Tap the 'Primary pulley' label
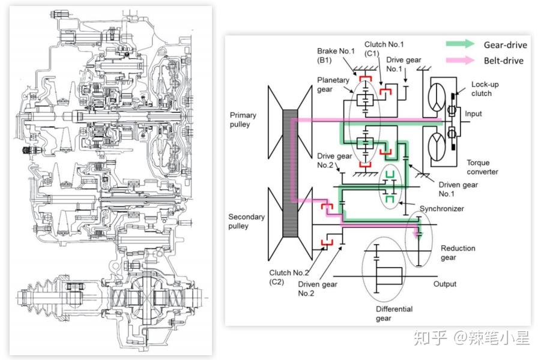coord(243,119)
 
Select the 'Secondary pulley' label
coord(246,221)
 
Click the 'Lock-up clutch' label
coord(485,89)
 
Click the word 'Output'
coord(445,284)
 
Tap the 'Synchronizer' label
coord(442,209)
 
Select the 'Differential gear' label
coord(394,313)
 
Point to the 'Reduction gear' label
coord(458,253)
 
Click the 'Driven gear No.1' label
coord(458,189)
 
